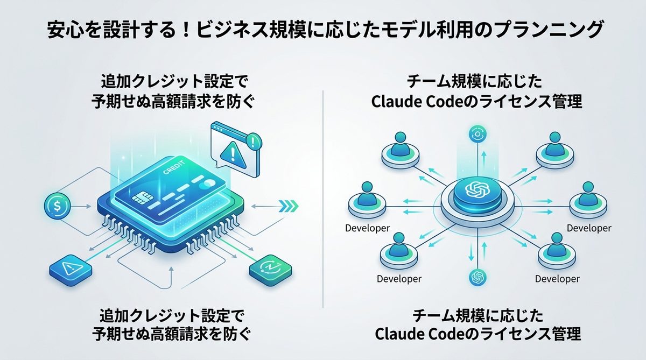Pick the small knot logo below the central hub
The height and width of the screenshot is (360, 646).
(x=477, y=277)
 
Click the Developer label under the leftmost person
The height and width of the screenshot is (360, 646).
(x=367, y=229)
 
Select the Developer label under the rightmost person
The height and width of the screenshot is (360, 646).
(x=589, y=229)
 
